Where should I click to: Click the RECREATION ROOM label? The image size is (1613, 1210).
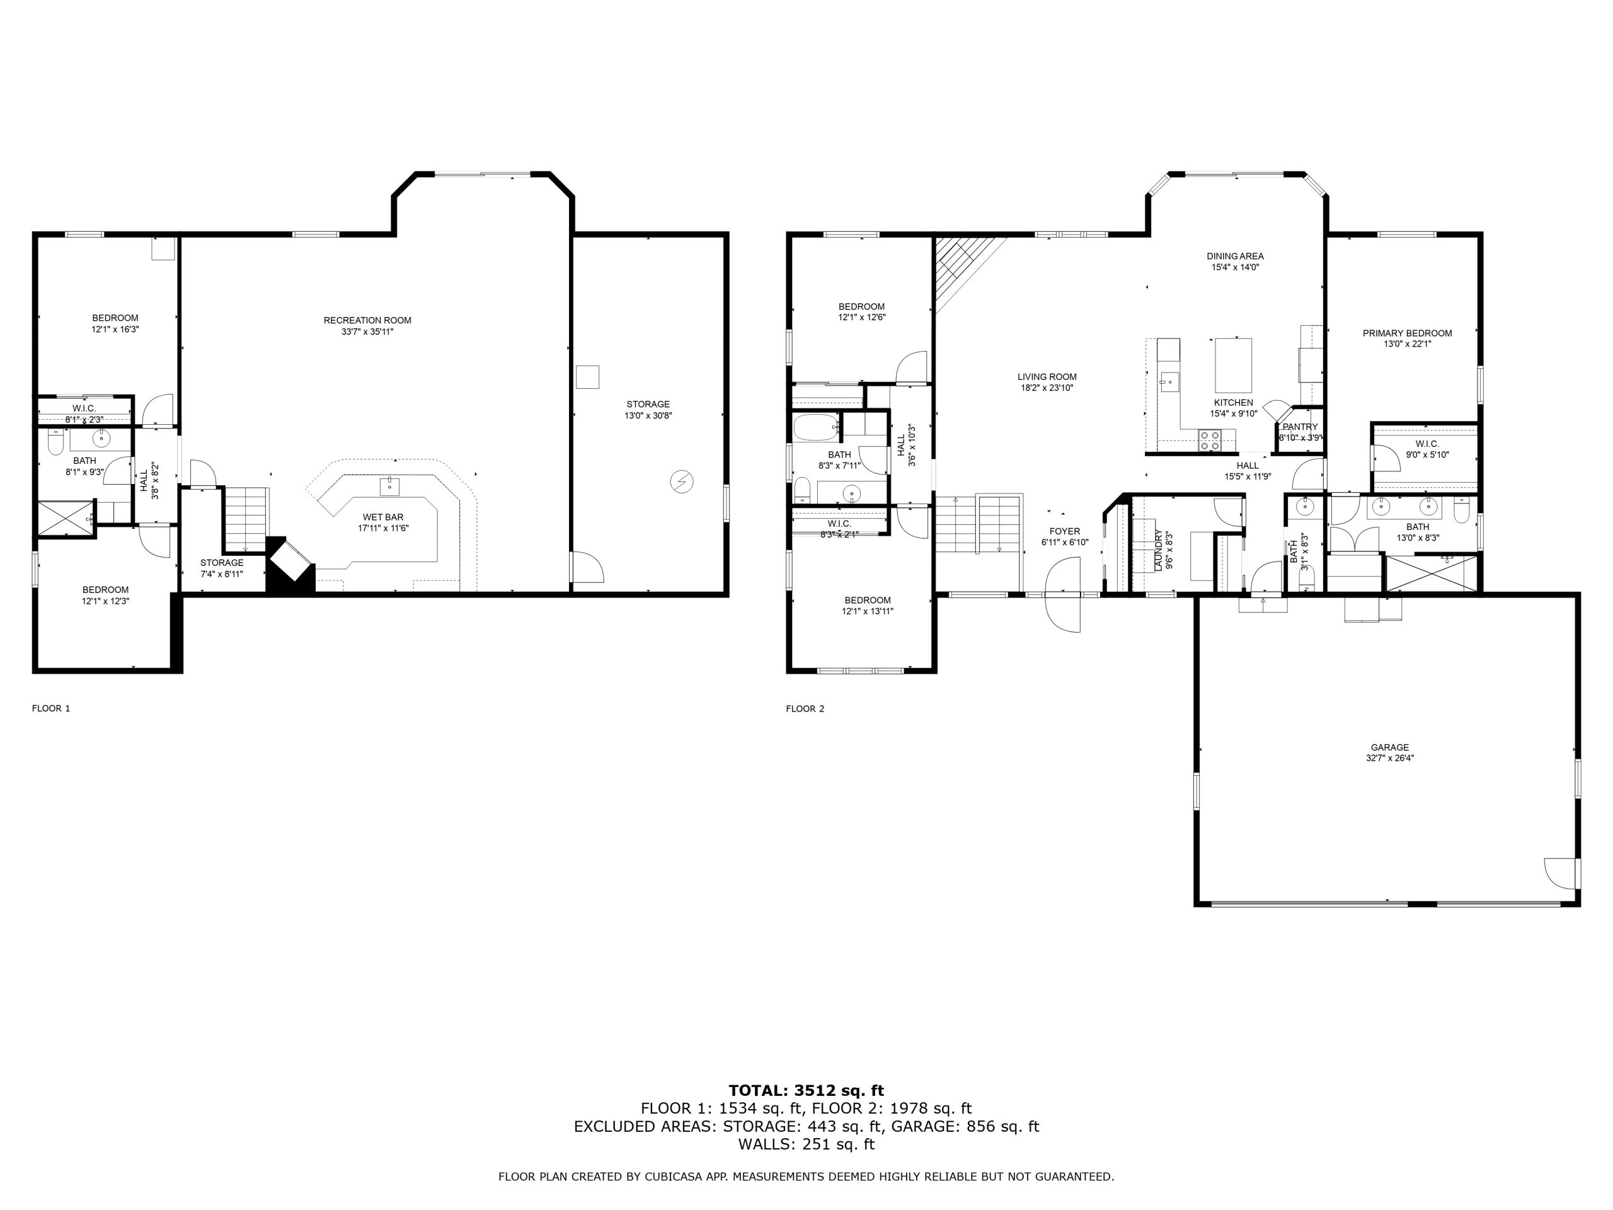367,320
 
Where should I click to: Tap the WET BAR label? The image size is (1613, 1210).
383,517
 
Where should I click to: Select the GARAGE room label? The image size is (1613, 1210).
1389,747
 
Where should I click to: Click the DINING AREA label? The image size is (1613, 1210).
1236,256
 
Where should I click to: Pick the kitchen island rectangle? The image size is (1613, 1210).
1233,366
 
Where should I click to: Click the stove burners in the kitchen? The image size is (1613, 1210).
1210,440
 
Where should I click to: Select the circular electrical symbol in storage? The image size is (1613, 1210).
681,481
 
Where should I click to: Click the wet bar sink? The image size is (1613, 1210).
389,486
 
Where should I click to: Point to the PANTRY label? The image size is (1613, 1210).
1300,427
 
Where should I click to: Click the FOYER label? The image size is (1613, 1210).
1065,531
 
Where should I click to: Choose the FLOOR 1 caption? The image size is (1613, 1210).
51,708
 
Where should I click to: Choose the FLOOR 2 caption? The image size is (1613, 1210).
805,708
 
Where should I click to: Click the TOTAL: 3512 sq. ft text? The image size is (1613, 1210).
806,1090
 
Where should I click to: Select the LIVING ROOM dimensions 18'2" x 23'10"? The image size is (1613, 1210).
1047,388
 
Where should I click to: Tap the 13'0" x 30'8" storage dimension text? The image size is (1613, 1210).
648,416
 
